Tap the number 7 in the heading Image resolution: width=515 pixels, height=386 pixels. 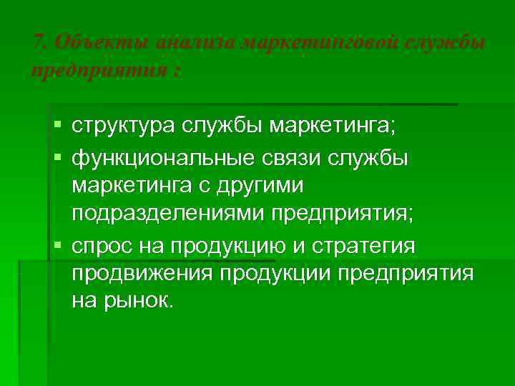[x=38, y=44]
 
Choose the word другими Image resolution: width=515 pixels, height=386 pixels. [x=261, y=184]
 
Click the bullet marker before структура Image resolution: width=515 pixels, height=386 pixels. [x=58, y=127]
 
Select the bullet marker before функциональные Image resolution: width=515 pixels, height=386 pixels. [x=58, y=157]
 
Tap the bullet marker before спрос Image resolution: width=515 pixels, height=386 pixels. [x=58, y=245]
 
